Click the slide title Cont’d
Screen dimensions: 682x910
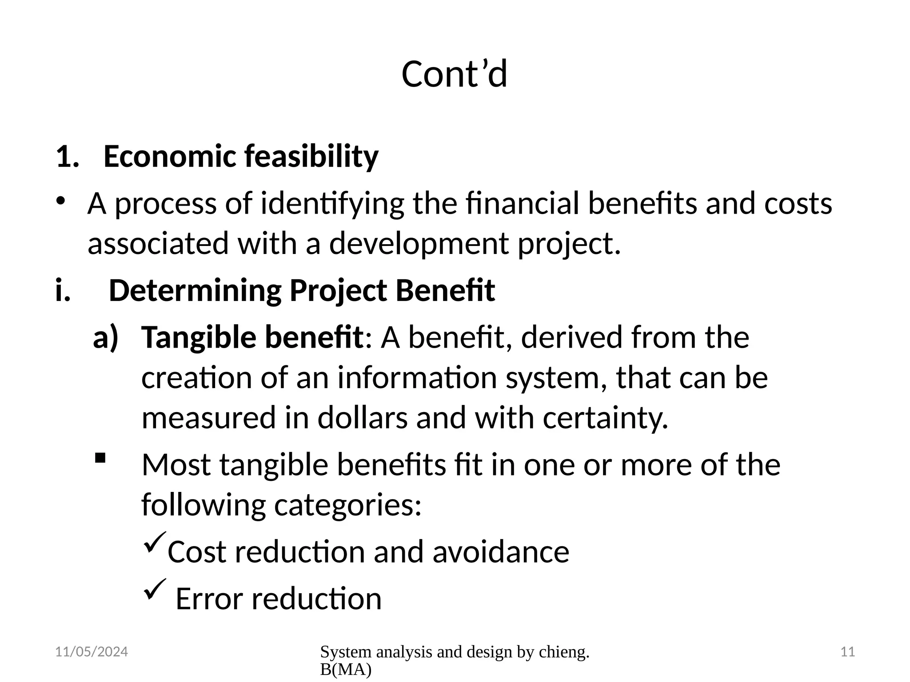click(x=454, y=74)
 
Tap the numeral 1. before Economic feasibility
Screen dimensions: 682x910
click(x=67, y=157)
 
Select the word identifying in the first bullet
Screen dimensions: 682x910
click(x=332, y=204)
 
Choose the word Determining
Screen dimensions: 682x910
click(x=195, y=290)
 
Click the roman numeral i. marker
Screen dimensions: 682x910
click(x=63, y=290)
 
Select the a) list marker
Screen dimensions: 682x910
click(x=106, y=337)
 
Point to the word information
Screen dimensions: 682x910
click(x=417, y=378)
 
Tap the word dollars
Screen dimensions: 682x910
click(x=362, y=418)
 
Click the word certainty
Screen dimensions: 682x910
click(x=605, y=419)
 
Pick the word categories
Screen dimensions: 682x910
click(x=347, y=505)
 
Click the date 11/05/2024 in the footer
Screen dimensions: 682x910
click(x=92, y=652)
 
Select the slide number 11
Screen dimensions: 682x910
click(x=848, y=652)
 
